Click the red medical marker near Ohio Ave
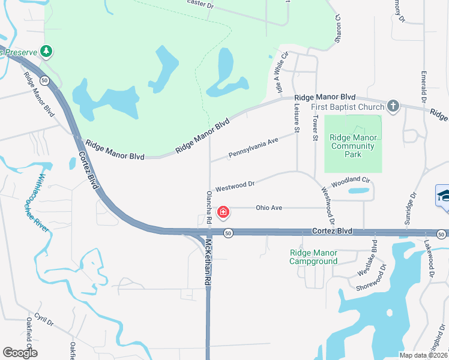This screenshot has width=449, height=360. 223,212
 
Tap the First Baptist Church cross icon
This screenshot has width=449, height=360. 393,106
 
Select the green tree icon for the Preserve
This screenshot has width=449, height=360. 46,52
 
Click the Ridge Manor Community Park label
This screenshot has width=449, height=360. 354,146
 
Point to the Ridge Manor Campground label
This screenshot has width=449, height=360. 313,257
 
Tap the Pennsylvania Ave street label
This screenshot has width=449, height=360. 254,149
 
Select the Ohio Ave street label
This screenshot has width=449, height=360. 269,208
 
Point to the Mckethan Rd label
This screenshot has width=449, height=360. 208,262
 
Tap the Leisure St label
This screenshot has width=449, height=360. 297,116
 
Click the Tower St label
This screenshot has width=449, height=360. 315,128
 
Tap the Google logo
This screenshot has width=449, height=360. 20,352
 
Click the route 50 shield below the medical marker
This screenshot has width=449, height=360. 227,233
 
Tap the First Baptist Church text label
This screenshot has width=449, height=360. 348,107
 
